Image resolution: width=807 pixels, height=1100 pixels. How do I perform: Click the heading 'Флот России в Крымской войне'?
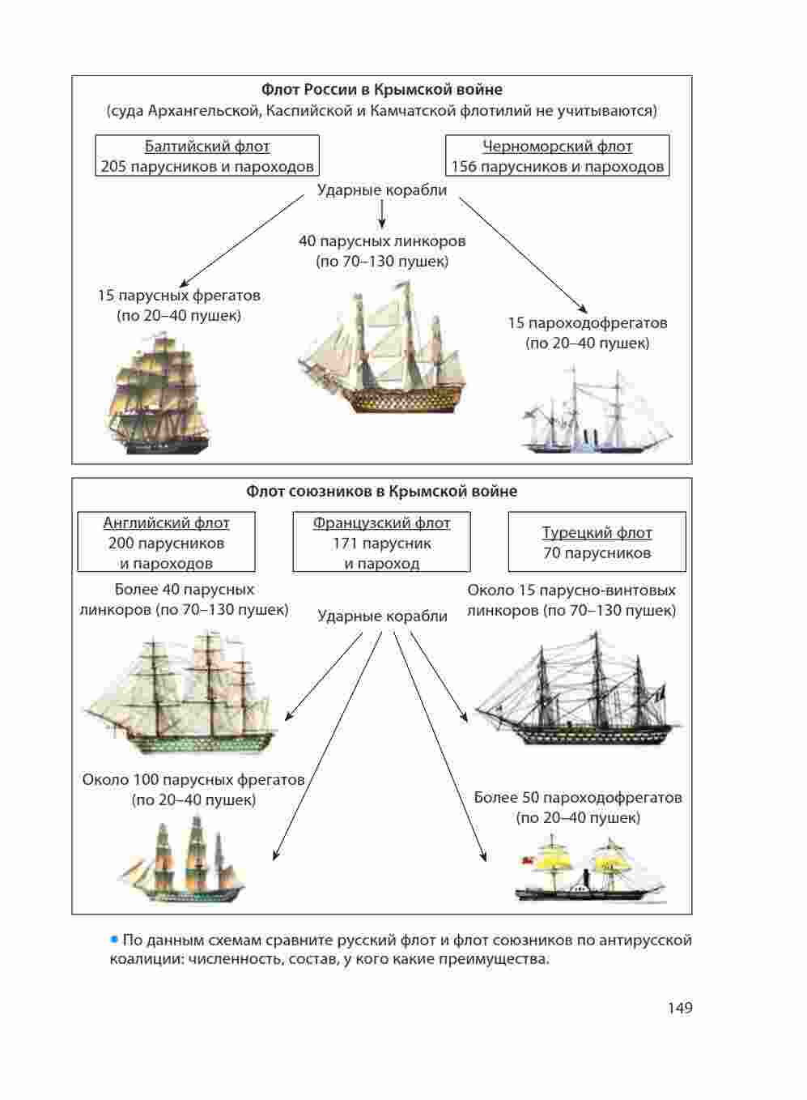tap(381, 90)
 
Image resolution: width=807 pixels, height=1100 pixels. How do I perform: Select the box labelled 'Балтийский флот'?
tap(207, 156)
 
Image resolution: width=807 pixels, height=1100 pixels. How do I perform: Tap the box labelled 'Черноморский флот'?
tap(558, 156)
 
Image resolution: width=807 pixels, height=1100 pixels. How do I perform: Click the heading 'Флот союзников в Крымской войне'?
tap(381, 492)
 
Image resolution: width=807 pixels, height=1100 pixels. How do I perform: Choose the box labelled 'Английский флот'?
tap(166, 542)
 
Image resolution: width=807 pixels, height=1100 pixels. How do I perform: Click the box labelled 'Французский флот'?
tap(381, 542)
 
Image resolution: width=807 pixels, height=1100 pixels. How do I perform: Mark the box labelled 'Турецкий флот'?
tap(597, 542)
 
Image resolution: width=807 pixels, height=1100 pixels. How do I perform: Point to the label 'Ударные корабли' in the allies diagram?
tap(382, 616)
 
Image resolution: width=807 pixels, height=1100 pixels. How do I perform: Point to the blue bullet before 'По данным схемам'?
tap(114, 940)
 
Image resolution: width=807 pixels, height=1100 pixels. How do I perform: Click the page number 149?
tap(680, 1008)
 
